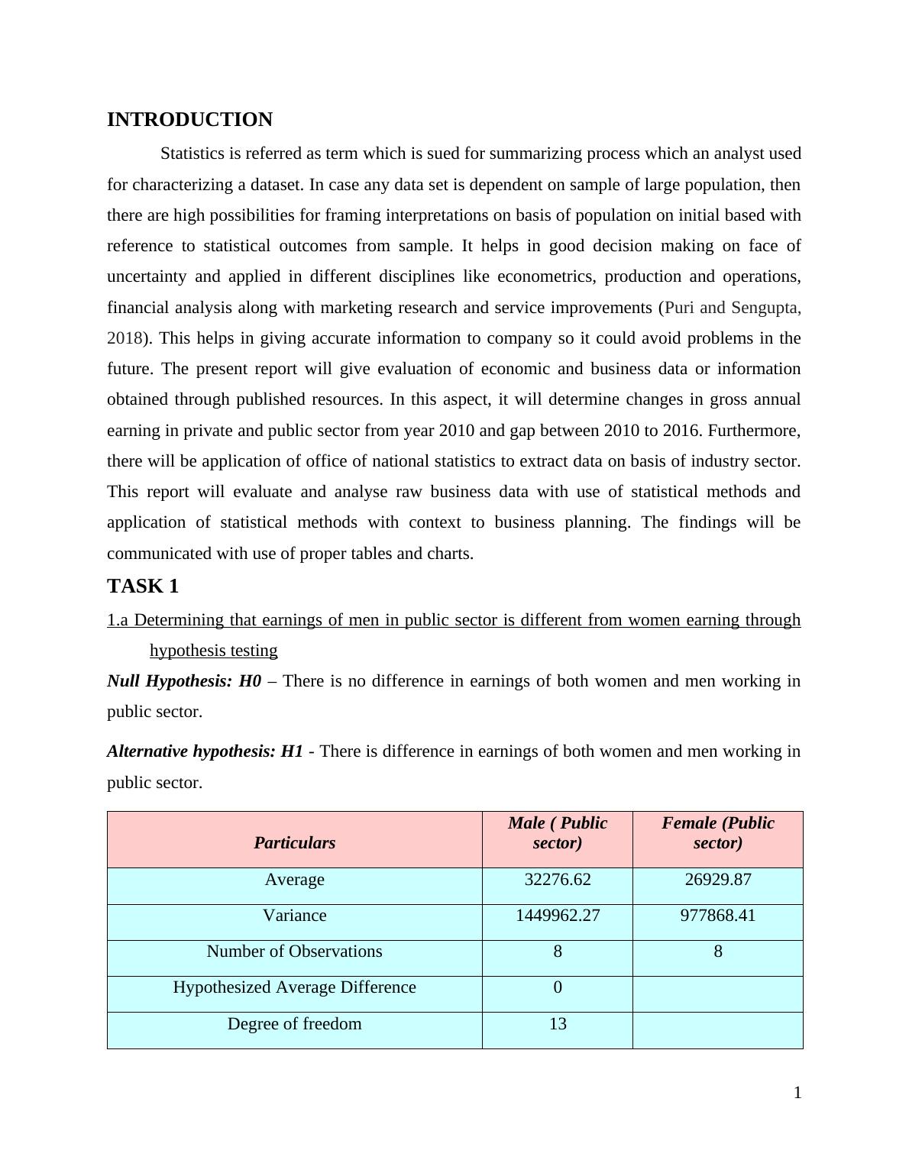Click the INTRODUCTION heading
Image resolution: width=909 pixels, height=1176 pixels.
189,120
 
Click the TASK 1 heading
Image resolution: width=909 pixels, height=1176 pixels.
143,586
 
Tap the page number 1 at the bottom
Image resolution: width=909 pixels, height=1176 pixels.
797,1093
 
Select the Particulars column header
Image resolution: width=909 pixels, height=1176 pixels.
294,843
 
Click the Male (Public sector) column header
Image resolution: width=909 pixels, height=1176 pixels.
558,833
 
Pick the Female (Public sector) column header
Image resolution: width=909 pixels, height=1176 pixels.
717,833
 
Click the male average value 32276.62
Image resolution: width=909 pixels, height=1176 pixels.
558,880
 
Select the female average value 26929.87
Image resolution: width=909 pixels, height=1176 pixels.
717,880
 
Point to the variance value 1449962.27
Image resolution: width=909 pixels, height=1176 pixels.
558,916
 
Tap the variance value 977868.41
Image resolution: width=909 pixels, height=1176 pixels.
717,916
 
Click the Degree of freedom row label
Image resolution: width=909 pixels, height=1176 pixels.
294,1024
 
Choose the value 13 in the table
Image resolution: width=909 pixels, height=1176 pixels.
558,1024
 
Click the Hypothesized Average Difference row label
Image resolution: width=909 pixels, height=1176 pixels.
294,987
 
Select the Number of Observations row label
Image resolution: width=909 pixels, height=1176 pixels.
294,951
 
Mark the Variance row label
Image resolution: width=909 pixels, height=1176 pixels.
294,916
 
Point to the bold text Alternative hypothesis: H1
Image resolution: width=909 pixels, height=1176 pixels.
205,751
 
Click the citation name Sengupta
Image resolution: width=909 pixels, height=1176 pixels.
765,308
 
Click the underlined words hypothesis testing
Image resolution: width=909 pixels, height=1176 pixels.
213,651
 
